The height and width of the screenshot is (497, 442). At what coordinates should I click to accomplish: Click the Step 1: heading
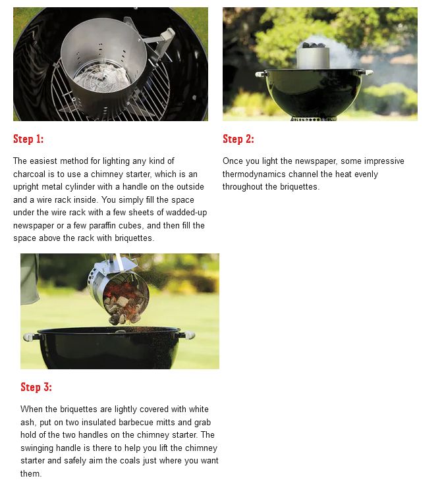pyautogui.click(x=28, y=139)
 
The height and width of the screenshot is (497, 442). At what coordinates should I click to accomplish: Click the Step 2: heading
pyautogui.click(x=238, y=139)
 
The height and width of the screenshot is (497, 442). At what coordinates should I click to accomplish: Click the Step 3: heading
pyautogui.click(x=36, y=387)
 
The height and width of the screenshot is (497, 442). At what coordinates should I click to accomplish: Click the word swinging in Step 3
pyautogui.click(x=37, y=448)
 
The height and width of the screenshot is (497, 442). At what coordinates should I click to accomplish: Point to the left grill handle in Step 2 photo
pyautogui.click(x=262, y=74)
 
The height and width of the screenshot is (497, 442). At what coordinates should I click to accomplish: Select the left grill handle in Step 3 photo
pyautogui.click(x=30, y=336)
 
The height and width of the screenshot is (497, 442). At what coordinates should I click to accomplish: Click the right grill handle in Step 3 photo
pyautogui.click(x=188, y=334)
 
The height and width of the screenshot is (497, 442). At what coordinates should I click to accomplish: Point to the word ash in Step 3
pyautogui.click(x=27, y=423)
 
